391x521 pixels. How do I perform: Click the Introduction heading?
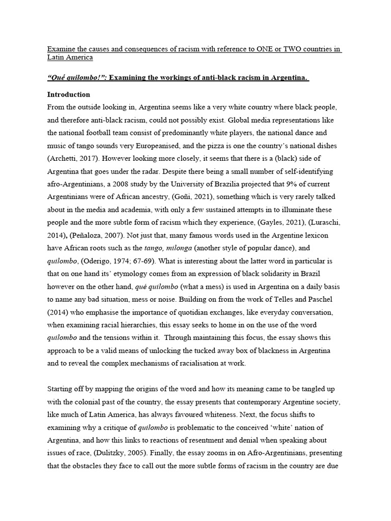point(69,95)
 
